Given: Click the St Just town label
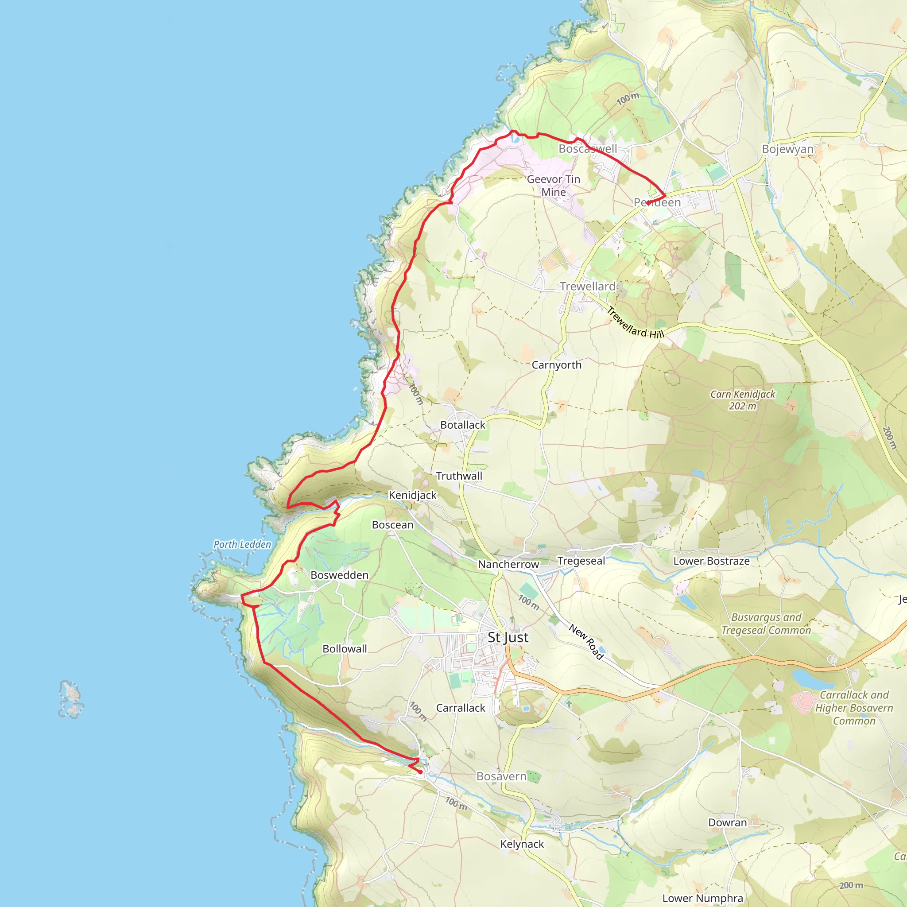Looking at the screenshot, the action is [508, 638].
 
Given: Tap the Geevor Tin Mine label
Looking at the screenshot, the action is [554, 186].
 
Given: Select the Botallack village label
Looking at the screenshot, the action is [462, 425].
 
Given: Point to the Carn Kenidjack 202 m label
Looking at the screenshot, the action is [743, 400].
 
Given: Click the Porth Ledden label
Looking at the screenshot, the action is [242, 545].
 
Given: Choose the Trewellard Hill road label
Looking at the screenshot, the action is [635, 322].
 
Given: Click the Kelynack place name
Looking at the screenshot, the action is [522, 844].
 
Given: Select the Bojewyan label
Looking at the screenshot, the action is [787, 149].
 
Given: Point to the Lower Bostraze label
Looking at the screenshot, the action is [711, 561].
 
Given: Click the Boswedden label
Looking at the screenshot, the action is [339, 575].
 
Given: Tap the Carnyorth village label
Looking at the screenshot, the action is [556, 365].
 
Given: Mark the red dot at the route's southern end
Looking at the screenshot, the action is [420, 772].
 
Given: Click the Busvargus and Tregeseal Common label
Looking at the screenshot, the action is [766, 624].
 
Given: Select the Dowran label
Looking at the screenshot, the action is [727, 822].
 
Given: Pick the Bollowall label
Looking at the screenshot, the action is [345, 649].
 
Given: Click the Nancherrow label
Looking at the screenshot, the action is [508, 564].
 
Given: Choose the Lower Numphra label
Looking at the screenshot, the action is [703, 898].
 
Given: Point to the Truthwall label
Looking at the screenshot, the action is [459, 476].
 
